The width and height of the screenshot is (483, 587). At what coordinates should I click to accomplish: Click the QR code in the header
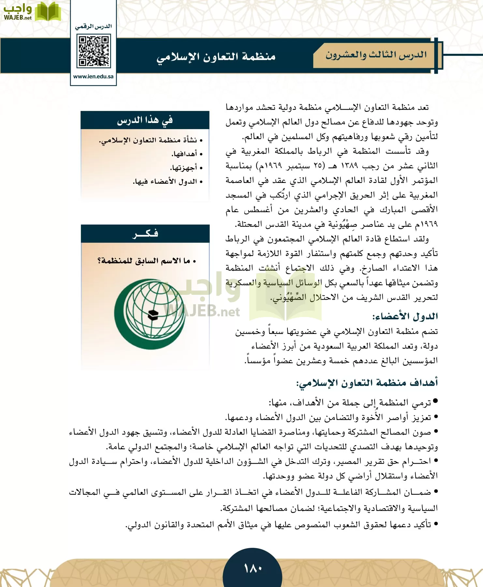[94, 52]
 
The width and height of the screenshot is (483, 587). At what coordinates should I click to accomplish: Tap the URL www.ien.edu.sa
[93, 77]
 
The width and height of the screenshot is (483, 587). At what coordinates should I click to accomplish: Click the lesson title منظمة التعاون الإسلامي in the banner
[216, 57]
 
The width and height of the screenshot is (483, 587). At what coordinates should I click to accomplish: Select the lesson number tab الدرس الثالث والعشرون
[376, 55]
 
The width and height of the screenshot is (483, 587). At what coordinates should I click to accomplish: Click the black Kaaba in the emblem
[153, 315]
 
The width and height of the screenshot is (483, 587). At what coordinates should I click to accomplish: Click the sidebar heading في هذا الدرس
[145, 121]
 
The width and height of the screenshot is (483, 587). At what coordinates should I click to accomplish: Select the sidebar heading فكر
[145, 233]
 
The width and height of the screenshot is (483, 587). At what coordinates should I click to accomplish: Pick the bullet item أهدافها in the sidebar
[184, 154]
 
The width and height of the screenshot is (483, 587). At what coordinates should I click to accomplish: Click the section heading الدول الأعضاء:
[405, 316]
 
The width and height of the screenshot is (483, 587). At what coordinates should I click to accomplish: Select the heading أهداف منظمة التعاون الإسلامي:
[367, 383]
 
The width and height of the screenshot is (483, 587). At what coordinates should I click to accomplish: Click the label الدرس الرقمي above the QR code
[93, 26]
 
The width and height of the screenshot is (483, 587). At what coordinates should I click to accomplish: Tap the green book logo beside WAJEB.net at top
[48, 12]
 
